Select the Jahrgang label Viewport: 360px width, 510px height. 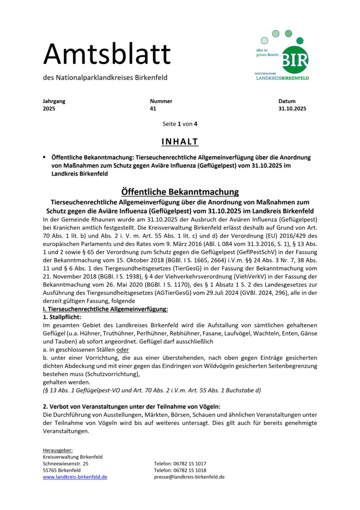click(54, 101)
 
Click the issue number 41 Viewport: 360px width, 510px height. click(153, 109)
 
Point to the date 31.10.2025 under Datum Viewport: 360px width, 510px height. click(292, 109)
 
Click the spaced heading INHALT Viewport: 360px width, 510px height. click(180, 141)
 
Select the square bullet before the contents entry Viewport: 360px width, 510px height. click(45, 157)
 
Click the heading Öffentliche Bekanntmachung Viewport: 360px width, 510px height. click(180, 192)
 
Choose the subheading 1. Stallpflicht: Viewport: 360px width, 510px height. click(61, 317)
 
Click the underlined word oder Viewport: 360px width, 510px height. click(123, 350)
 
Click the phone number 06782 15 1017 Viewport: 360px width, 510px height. click(190, 463)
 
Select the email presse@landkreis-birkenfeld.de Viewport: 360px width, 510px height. click(189, 477)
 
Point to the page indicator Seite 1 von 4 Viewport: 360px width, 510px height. click(180, 124)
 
